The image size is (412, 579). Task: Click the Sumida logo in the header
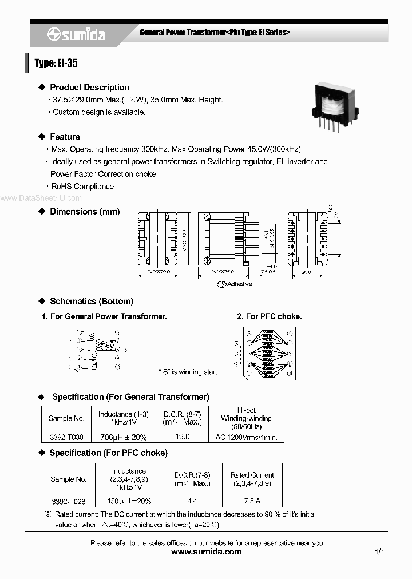76,34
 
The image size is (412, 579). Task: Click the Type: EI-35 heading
56,63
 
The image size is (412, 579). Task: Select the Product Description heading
89,88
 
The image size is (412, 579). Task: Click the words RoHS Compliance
82,187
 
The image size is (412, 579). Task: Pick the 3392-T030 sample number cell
66,437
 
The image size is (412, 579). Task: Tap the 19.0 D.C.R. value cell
181,437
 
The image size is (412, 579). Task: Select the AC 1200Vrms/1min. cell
246,437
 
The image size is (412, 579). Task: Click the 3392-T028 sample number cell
68,501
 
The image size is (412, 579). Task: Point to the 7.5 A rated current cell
252,501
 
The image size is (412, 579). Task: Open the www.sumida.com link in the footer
207,552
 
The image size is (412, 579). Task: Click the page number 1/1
379,552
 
